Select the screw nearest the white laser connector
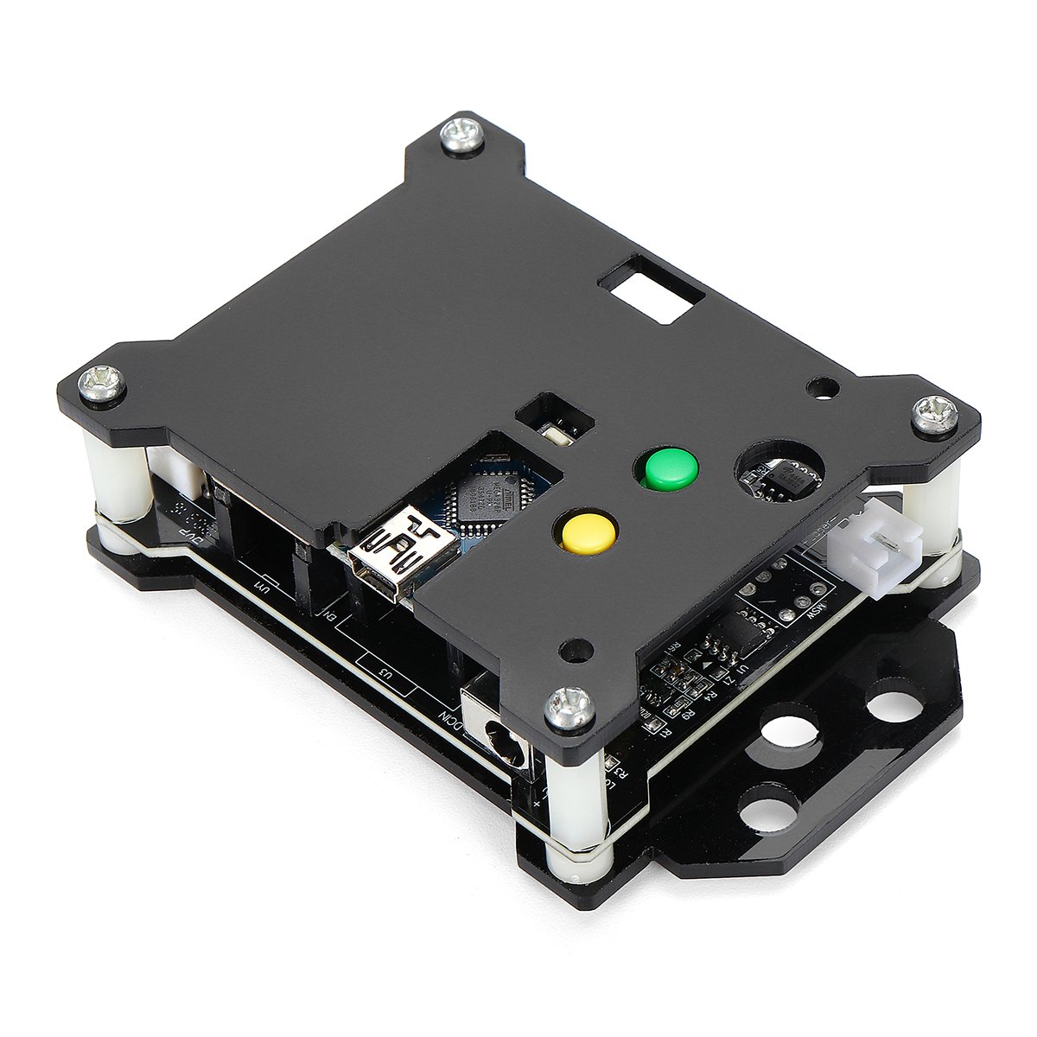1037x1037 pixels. pos(935,413)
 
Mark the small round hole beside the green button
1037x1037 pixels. pos(819,386)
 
